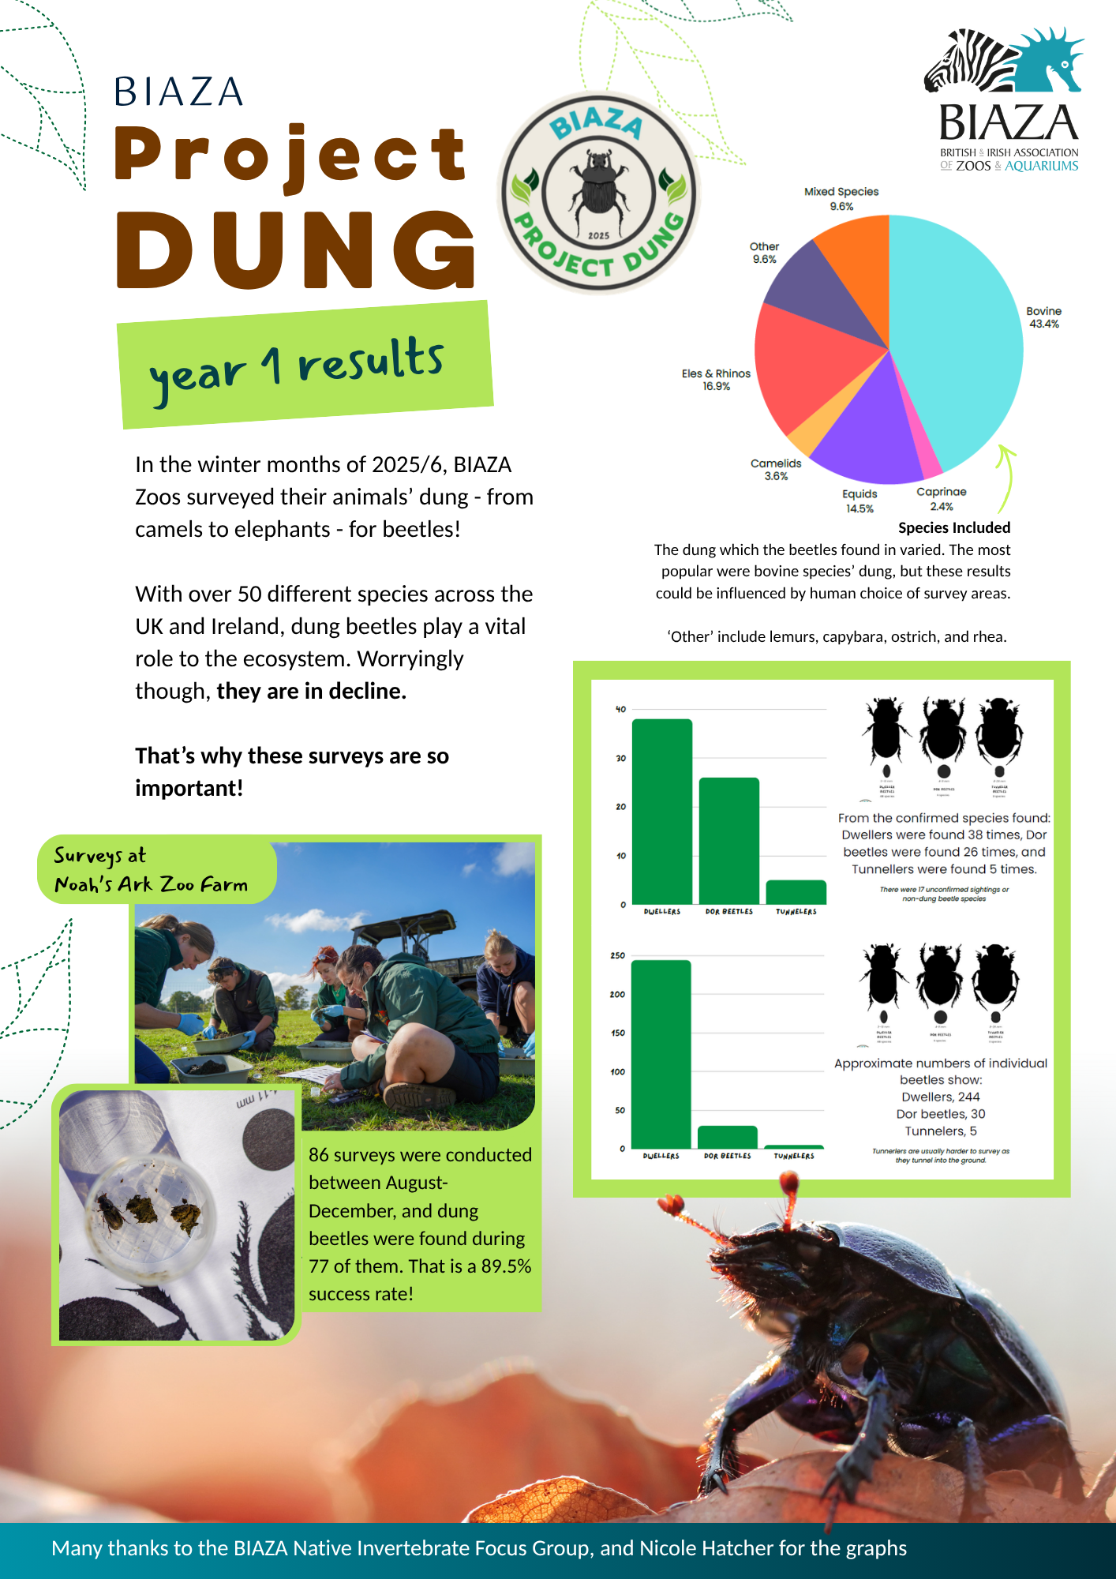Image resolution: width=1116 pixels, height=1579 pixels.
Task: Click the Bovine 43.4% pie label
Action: tap(1043, 317)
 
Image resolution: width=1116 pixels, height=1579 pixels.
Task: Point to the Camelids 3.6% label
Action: tap(776, 470)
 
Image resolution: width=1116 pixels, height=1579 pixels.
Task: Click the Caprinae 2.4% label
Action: tap(942, 499)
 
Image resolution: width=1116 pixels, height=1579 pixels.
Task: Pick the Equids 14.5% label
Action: tap(859, 501)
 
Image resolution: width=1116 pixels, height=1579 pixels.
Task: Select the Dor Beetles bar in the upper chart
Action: tap(728, 840)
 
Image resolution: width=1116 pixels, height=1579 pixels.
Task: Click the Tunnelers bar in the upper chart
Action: tap(796, 892)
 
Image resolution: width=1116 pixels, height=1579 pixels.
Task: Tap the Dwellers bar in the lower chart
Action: tap(661, 1053)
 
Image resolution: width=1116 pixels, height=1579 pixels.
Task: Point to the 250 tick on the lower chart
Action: tap(617, 955)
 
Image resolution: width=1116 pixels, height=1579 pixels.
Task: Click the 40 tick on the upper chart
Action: tap(620, 709)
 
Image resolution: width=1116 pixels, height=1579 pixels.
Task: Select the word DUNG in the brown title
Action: tap(296, 250)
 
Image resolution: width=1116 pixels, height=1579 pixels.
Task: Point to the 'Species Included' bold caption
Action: tap(954, 527)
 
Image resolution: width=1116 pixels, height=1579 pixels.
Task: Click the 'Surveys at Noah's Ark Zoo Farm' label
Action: tap(151, 870)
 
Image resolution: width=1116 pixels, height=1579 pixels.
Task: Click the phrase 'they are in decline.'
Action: tap(311, 691)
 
